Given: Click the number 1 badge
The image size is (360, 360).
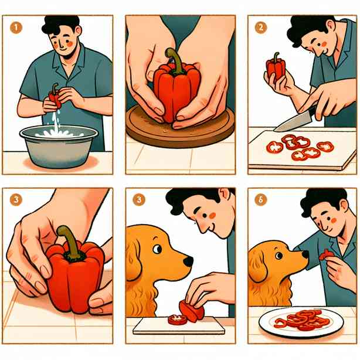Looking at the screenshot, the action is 16,28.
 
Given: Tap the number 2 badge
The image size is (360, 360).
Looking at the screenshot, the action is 261,28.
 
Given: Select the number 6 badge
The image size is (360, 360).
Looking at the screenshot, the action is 261,200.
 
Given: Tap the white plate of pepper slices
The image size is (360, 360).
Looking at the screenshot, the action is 301,322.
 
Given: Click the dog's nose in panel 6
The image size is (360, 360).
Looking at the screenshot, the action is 305,254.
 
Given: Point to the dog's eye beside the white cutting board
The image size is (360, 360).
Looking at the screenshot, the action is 157,249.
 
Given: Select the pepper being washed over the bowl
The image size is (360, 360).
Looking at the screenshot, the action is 55,96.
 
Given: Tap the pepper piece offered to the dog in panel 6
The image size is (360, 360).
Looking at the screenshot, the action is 325,255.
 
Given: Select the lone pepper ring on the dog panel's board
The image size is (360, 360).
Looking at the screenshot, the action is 178,320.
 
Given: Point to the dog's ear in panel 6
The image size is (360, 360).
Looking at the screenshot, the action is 258,266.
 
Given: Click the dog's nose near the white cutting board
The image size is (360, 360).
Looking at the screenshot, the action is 188,261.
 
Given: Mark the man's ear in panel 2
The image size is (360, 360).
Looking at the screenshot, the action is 331,26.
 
